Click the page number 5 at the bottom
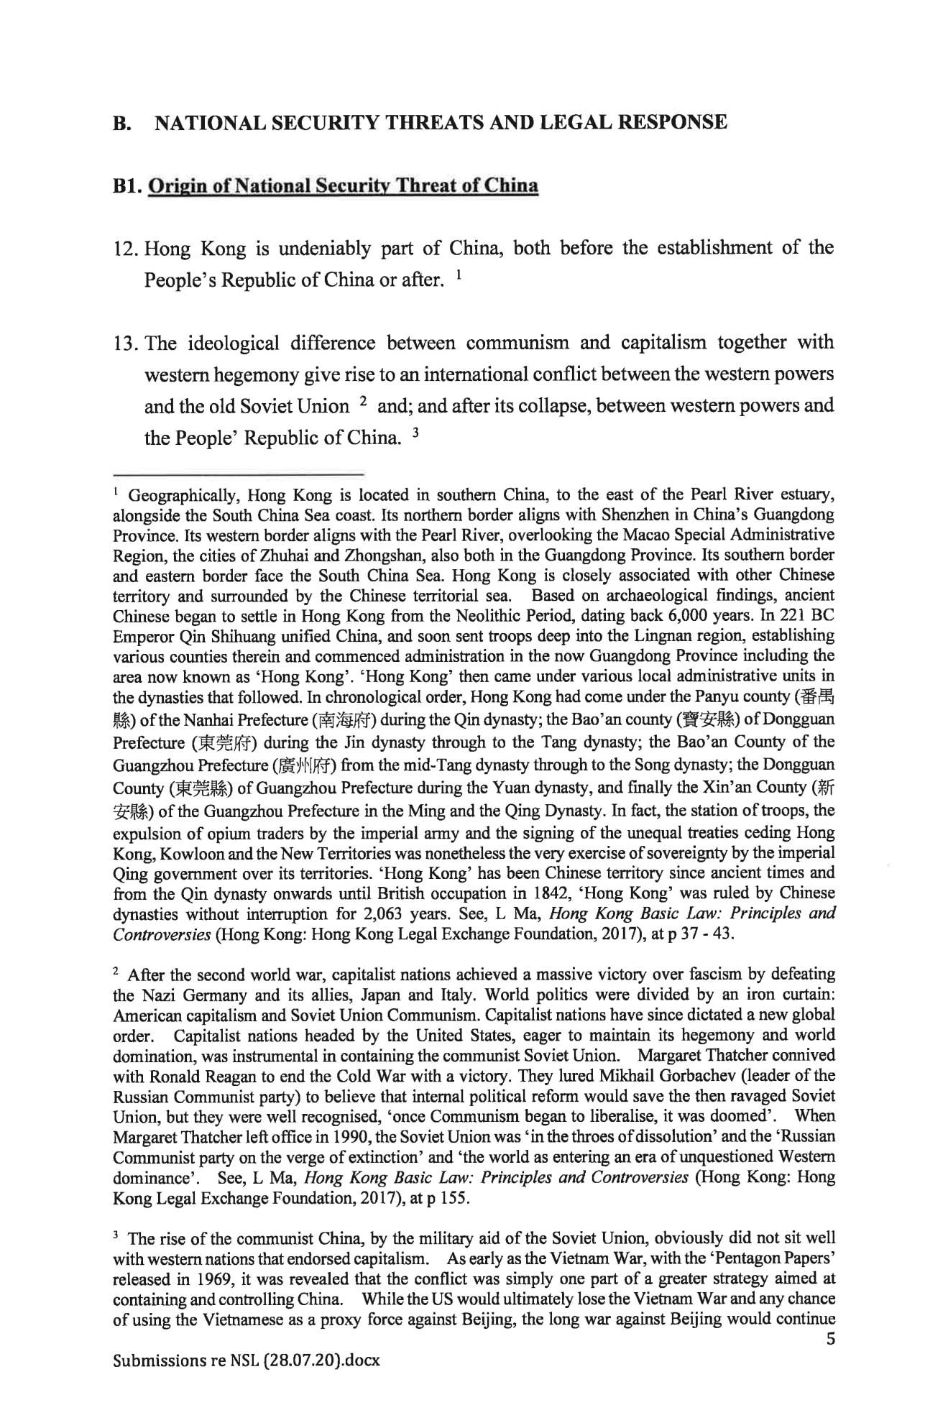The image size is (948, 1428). pyautogui.click(x=830, y=1339)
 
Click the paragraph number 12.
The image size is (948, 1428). pyautogui.click(x=127, y=249)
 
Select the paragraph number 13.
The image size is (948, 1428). pyautogui.click(x=127, y=343)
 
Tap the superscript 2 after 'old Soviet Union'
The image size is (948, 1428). pyautogui.click(x=364, y=401)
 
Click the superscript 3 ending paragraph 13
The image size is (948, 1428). pyautogui.click(x=415, y=433)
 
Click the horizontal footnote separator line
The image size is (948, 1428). pyautogui.click(x=239, y=474)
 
